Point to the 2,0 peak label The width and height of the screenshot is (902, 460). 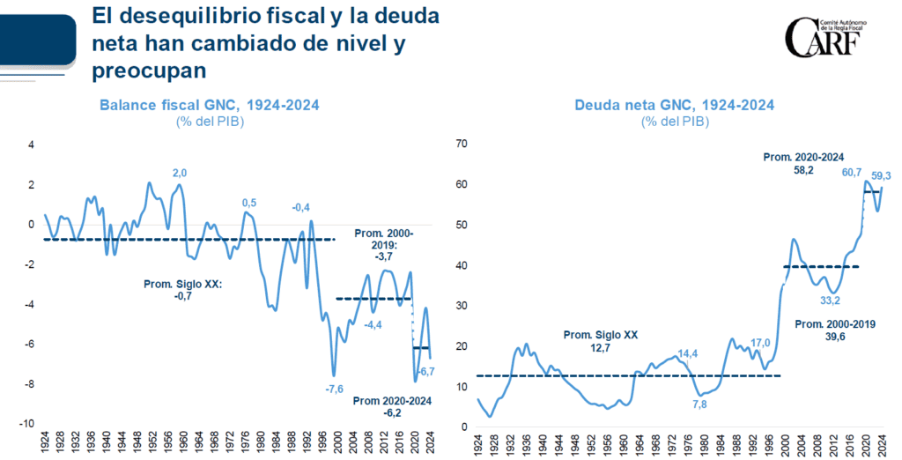[x=181, y=172]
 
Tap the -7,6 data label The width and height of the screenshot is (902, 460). [x=334, y=389]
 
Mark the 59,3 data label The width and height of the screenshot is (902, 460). [x=882, y=174]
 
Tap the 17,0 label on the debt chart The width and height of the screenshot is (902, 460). [x=760, y=343]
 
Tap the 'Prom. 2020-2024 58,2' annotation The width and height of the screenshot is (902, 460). [x=798, y=164]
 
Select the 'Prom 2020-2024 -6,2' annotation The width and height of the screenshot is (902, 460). [x=394, y=406]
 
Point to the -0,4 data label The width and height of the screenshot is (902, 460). [x=301, y=208]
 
